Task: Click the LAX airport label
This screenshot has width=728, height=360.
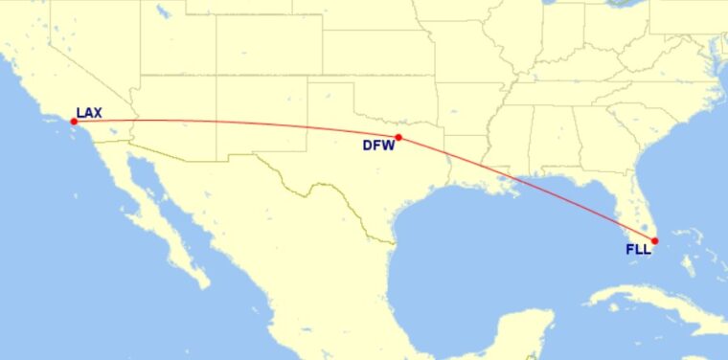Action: pyautogui.click(x=89, y=113)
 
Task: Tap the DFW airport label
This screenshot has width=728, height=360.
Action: pyautogui.click(x=378, y=146)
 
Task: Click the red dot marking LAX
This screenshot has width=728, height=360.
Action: pyautogui.click(x=74, y=122)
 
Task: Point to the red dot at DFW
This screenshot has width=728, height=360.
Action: pyautogui.click(x=398, y=138)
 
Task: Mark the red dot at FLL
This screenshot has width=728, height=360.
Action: pyautogui.click(x=655, y=240)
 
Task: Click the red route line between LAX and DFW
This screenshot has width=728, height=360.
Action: pyautogui.click(x=239, y=121)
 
